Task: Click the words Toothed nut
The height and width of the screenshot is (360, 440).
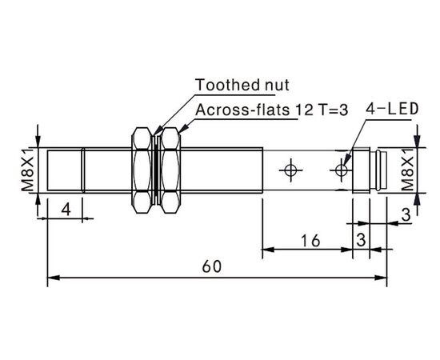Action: pyautogui.click(x=242, y=85)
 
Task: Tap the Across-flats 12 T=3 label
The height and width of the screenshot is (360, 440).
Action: pyautogui.click(x=272, y=110)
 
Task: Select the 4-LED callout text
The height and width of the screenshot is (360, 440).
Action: pyautogui.click(x=392, y=109)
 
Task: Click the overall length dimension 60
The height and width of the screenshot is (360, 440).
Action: pyautogui.click(x=212, y=266)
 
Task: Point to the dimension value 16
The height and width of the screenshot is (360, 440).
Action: pyautogui.click(x=310, y=241)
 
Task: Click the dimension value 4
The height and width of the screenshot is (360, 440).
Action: pyautogui.click(x=66, y=210)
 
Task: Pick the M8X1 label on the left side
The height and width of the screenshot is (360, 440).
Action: pyautogui.click(x=28, y=170)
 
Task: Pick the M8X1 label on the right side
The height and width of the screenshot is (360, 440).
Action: pyautogui.click(x=407, y=170)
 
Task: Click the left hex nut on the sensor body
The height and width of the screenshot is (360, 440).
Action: pyautogui.click(x=142, y=170)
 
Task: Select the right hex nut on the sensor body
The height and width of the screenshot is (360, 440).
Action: pyautogui.click(x=170, y=170)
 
